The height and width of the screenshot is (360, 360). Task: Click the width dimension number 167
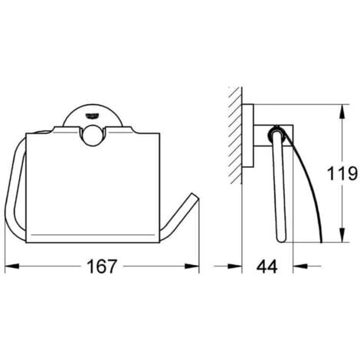pos(101,267)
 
